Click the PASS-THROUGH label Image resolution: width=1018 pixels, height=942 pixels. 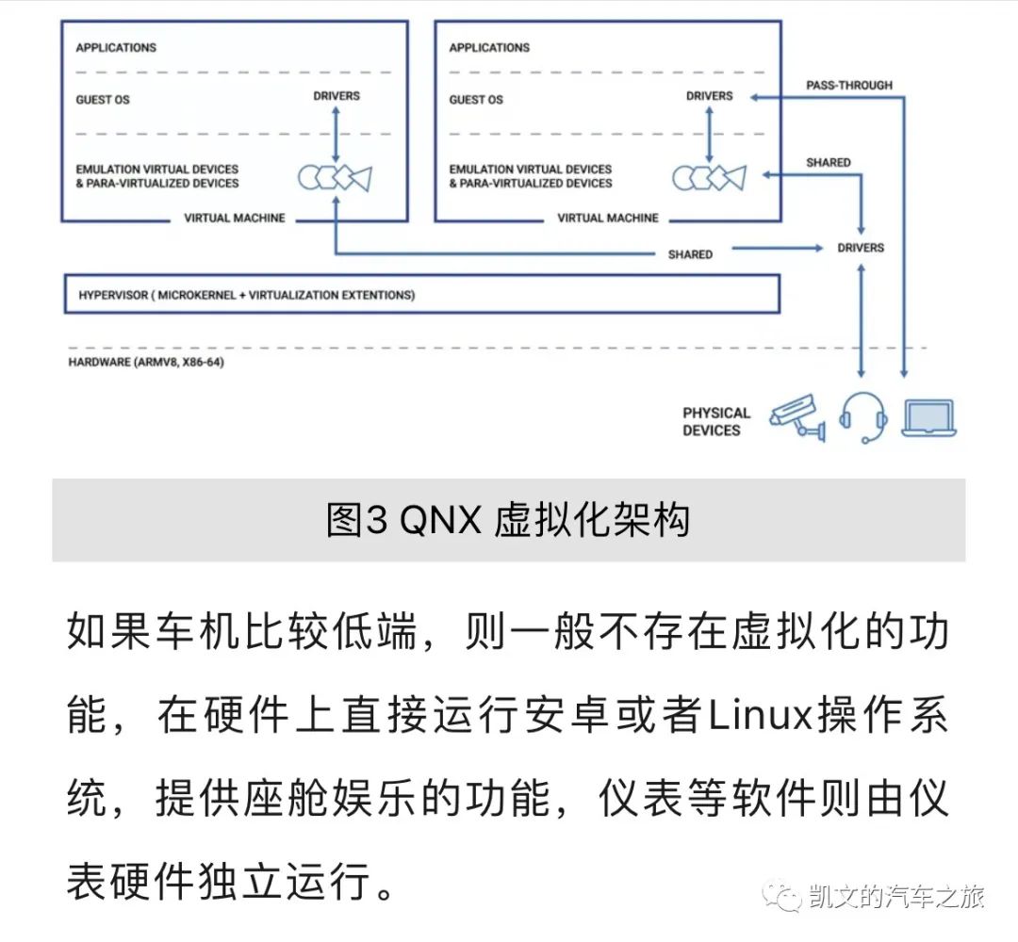pyautogui.click(x=848, y=85)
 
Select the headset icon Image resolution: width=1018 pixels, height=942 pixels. pyautogui.click(x=863, y=416)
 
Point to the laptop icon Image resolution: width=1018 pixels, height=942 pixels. pyautogui.click(x=928, y=418)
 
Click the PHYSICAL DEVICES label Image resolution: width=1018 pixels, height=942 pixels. pyautogui.click(x=716, y=421)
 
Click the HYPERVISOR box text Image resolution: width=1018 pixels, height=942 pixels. pyautogui.click(x=246, y=295)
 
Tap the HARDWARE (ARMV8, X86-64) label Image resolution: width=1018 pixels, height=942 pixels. pyautogui.click(x=145, y=362)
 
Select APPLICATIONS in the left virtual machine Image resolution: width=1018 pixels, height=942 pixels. pyautogui.click(x=116, y=47)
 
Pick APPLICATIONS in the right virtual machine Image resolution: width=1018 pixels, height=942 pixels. pyautogui.click(x=489, y=47)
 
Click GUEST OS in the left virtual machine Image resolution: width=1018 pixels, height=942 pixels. pyautogui.click(x=103, y=99)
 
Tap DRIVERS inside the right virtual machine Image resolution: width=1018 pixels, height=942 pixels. pyautogui.click(x=709, y=95)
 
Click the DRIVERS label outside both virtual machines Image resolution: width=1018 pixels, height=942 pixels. pyautogui.click(x=861, y=248)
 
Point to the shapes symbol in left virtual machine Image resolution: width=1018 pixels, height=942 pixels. pyautogui.click(x=335, y=176)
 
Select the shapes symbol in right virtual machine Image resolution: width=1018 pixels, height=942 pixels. pyautogui.click(x=708, y=176)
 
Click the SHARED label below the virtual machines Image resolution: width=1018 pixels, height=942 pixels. pyautogui.click(x=690, y=254)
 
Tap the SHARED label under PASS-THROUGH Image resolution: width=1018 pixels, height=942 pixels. pyautogui.click(x=828, y=163)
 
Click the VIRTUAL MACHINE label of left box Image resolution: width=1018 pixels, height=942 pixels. pyautogui.click(x=235, y=218)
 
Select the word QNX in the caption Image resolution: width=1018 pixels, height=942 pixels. pyautogui.click(x=440, y=520)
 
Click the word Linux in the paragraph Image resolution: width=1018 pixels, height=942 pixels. pyautogui.click(x=760, y=719)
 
